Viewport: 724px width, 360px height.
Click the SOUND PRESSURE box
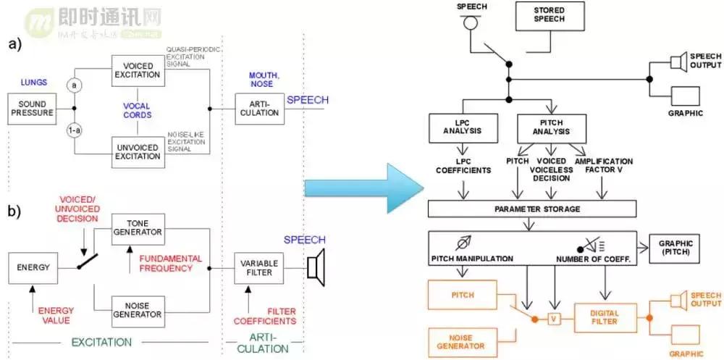[x=33, y=109]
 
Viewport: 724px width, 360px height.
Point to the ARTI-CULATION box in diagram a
[x=256, y=109]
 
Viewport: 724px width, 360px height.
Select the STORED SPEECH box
[x=549, y=16]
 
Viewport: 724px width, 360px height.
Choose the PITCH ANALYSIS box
[x=552, y=127]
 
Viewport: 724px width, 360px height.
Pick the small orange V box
[x=555, y=319]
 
